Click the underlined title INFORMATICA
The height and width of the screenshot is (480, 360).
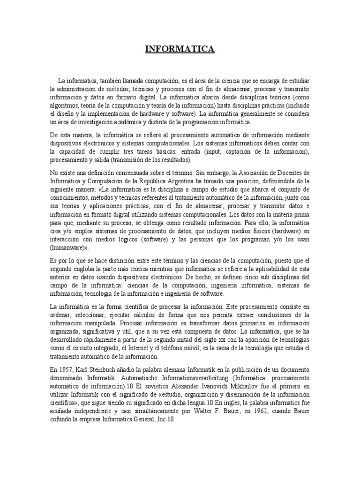point(180,49)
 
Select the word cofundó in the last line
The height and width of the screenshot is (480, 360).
point(64,419)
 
